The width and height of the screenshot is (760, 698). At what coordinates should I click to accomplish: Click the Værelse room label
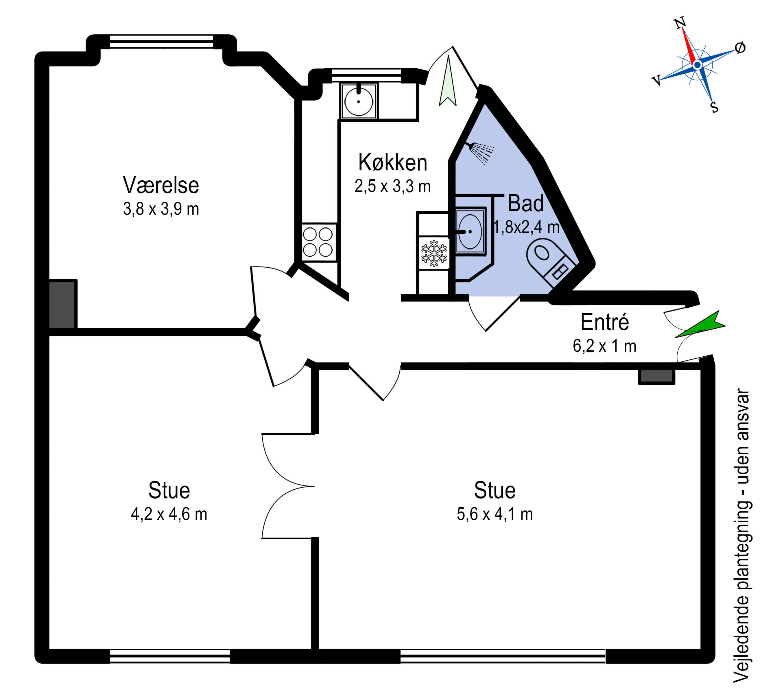(161, 185)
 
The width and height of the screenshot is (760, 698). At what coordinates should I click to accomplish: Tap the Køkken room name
(393, 162)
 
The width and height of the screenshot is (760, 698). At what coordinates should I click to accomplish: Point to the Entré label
(605, 322)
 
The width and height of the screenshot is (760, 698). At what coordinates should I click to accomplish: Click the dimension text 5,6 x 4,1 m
(495, 514)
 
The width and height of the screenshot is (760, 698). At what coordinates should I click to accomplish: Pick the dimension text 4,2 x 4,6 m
(169, 514)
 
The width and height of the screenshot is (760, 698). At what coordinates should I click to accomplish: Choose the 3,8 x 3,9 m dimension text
(161, 209)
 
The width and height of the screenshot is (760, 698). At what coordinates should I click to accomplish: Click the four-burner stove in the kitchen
(319, 242)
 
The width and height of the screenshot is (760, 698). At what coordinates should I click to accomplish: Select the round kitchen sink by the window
(359, 101)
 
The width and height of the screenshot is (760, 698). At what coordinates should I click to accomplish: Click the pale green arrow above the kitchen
(448, 82)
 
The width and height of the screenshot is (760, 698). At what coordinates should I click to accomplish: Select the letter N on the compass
(680, 23)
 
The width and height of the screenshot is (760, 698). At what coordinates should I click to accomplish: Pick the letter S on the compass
(714, 107)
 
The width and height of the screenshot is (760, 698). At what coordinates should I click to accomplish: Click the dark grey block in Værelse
(63, 304)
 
